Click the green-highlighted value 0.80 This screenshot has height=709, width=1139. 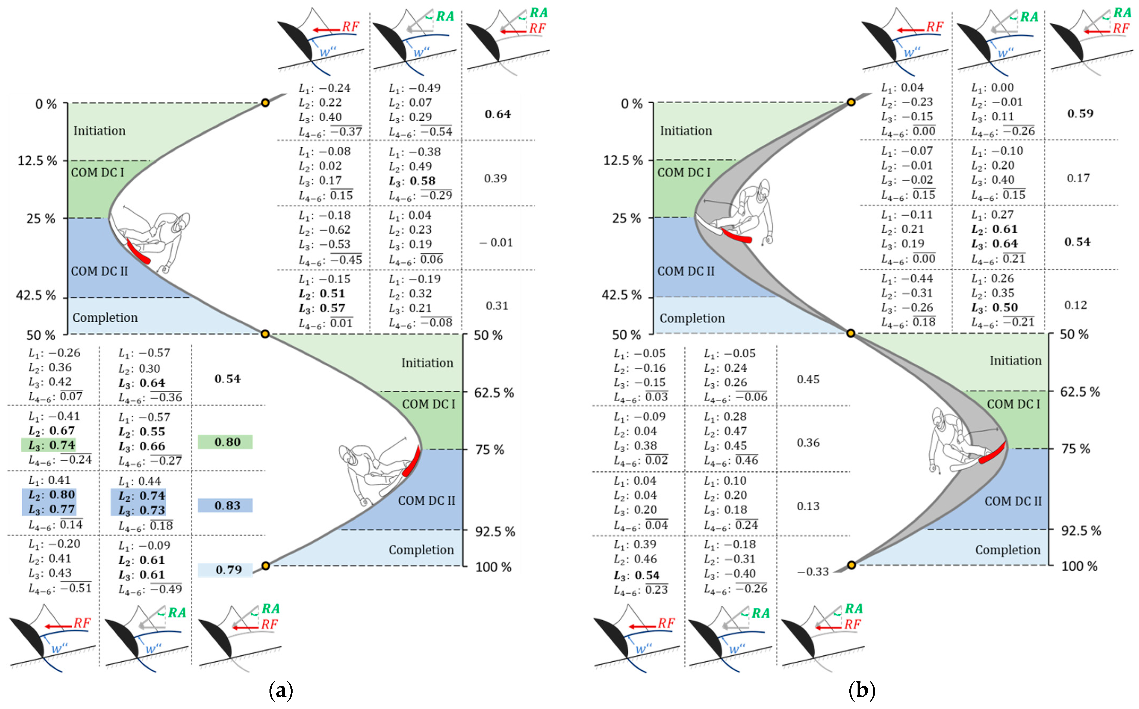click(227, 442)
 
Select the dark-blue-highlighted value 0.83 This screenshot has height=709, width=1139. click(227, 505)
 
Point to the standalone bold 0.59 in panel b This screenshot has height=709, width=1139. click(1080, 114)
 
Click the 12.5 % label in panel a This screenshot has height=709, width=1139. click(37, 161)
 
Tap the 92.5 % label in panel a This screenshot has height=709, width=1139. click(495, 532)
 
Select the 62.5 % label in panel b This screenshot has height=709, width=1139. click(1080, 392)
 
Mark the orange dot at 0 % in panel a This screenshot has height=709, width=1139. click(266, 103)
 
